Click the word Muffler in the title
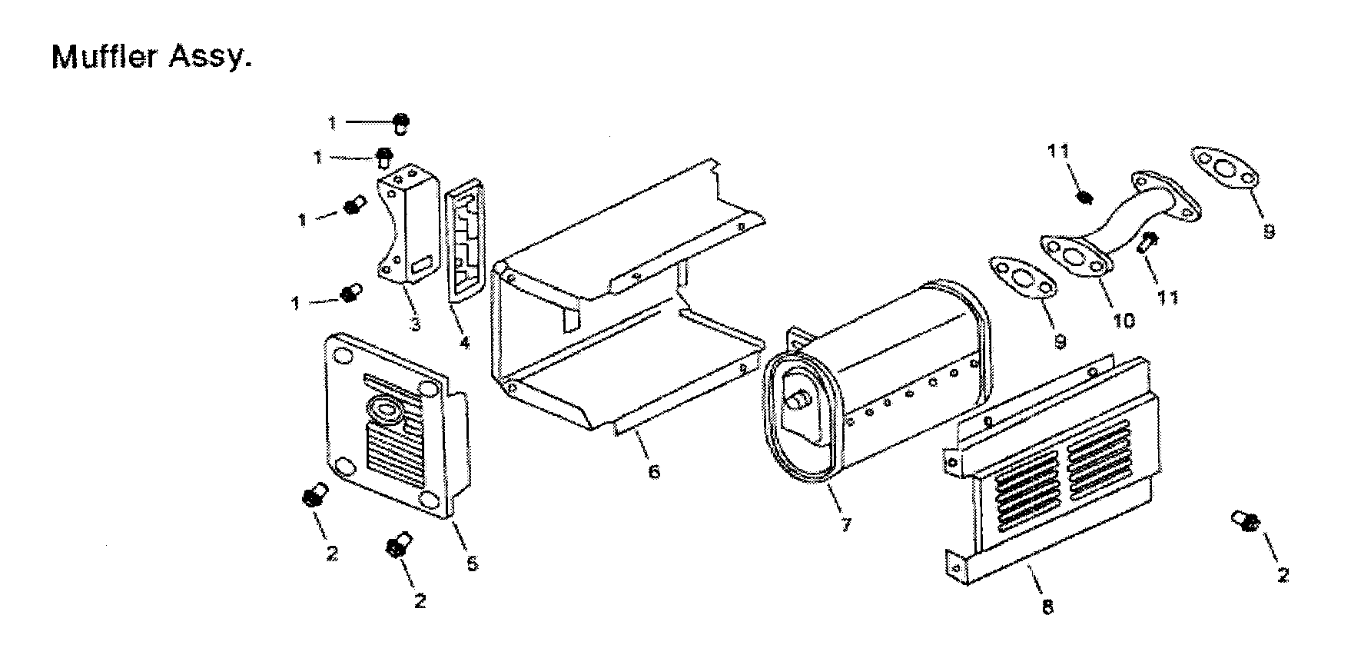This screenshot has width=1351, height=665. point(103,57)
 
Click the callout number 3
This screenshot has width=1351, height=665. point(415,324)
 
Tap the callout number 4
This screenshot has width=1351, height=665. point(463,343)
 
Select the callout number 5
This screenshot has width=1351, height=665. point(472,564)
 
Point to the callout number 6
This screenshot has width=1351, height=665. point(653,470)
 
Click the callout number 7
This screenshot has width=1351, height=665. point(845,525)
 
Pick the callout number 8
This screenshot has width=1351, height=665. point(1047,607)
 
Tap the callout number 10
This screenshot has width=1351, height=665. point(1124,320)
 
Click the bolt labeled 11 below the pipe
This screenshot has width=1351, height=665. point(1145,244)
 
